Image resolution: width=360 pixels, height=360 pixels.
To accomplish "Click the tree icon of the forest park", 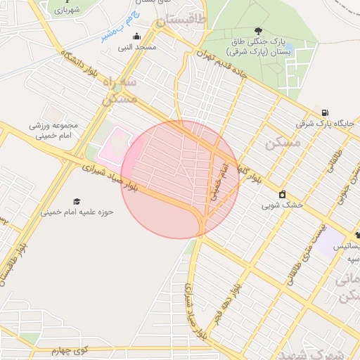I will click(x=259, y=31).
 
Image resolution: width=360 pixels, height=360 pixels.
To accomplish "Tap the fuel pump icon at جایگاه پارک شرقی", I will click(x=324, y=112).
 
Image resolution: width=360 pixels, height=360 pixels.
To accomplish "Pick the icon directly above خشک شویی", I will click(x=282, y=194).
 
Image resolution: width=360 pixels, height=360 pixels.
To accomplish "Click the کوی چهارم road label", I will click(x=75, y=349).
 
